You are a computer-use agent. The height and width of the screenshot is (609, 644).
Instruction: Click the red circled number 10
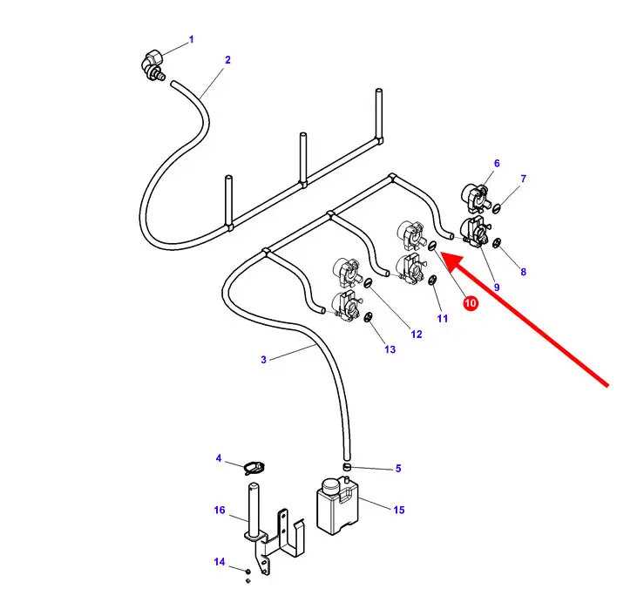pyautogui.click(x=471, y=303)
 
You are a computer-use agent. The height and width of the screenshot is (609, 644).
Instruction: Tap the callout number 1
pyautogui.click(x=191, y=39)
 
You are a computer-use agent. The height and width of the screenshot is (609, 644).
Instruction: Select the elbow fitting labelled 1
pyautogui.click(x=153, y=65)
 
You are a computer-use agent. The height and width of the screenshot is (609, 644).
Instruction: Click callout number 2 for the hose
pyautogui.click(x=227, y=60)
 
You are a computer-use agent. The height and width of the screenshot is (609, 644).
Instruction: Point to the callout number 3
pyautogui.click(x=264, y=360)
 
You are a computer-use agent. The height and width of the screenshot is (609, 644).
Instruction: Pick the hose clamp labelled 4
pyautogui.click(x=254, y=467)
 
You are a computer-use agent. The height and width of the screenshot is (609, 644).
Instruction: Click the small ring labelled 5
pyautogui.click(x=348, y=467)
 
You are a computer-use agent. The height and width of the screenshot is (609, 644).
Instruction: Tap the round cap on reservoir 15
pyautogui.click(x=330, y=486)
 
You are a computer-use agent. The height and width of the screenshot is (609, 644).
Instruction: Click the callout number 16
pyautogui.click(x=220, y=510)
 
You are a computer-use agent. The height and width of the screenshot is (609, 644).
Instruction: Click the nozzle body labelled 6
pyautogui.click(x=475, y=196)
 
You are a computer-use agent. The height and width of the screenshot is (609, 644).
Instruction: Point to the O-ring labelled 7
pyautogui.click(x=496, y=207)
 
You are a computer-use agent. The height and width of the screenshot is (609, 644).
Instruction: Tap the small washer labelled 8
pyautogui.click(x=497, y=243)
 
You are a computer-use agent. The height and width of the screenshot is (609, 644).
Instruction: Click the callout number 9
pyautogui.click(x=497, y=288)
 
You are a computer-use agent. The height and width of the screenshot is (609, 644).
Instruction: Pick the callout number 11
pyautogui.click(x=443, y=318)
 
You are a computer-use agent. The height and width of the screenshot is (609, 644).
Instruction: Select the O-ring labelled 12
pyautogui.click(x=368, y=282)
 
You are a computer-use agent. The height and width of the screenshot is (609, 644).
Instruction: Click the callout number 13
pyautogui.click(x=390, y=349)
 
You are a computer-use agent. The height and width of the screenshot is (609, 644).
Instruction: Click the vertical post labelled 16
pyautogui.click(x=254, y=509)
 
